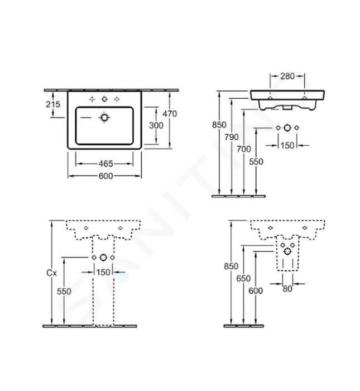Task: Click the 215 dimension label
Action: point(53,104)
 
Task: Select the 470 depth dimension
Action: point(171,113)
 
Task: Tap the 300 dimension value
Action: point(156,126)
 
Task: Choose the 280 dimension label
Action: point(287,75)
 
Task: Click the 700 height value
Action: point(243,149)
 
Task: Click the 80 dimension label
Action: point(286,289)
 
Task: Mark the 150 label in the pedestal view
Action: point(103,272)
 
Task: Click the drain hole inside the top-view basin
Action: point(104,118)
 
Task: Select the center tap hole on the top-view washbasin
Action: point(104,99)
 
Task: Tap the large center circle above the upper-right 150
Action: point(287,128)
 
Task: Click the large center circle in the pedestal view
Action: point(103,258)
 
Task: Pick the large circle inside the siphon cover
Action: point(287,251)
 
